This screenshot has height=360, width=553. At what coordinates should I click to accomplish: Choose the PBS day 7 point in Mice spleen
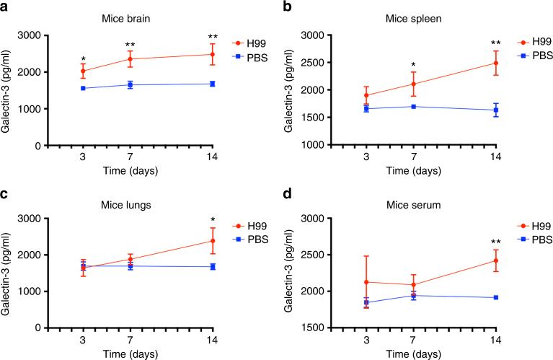pyautogui.click(x=413, y=106)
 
